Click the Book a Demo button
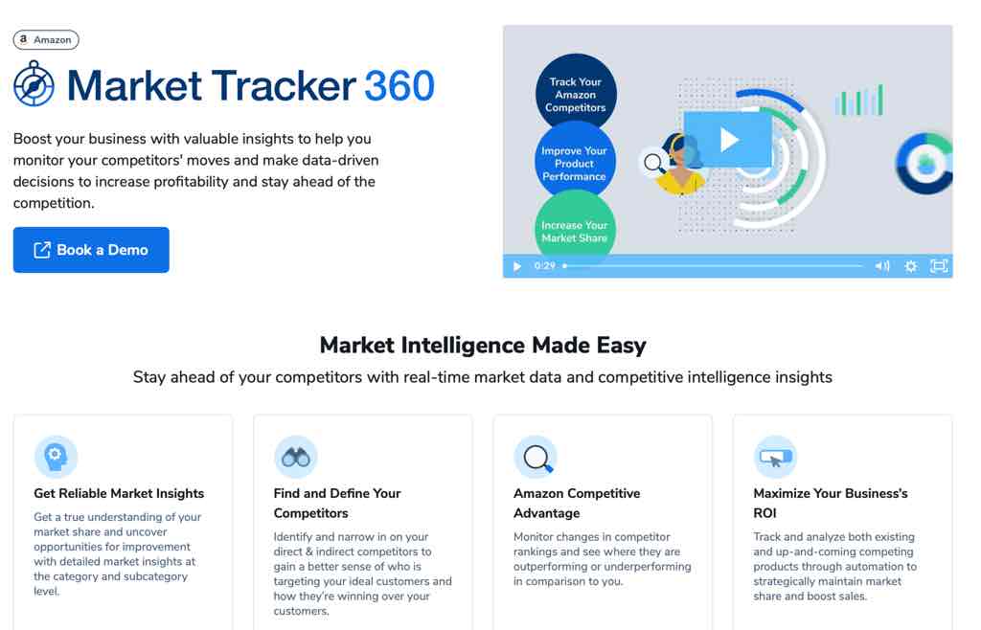(x=91, y=249)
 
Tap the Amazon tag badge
(x=46, y=40)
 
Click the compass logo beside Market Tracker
(x=34, y=83)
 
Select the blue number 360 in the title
(x=399, y=85)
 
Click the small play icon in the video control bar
(x=517, y=266)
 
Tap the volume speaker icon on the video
(x=882, y=266)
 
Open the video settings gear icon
(x=911, y=266)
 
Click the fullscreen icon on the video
(x=939, y=266)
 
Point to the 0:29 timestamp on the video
(x=545, y=265)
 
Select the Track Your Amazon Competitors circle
(x=576, y=94)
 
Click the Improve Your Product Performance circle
(x=575, y=163)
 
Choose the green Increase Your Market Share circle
(x=575, y=226)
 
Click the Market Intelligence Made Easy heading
(x=483, y=345)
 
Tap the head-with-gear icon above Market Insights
(x=56, y=457)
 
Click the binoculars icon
(x=296, y=457)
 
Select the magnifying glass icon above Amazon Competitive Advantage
(x=536, y=457)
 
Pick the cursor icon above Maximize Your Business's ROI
(x=775, y=457)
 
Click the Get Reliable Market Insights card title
(x=119, y=493)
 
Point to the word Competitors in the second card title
(x=311, y=513)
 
